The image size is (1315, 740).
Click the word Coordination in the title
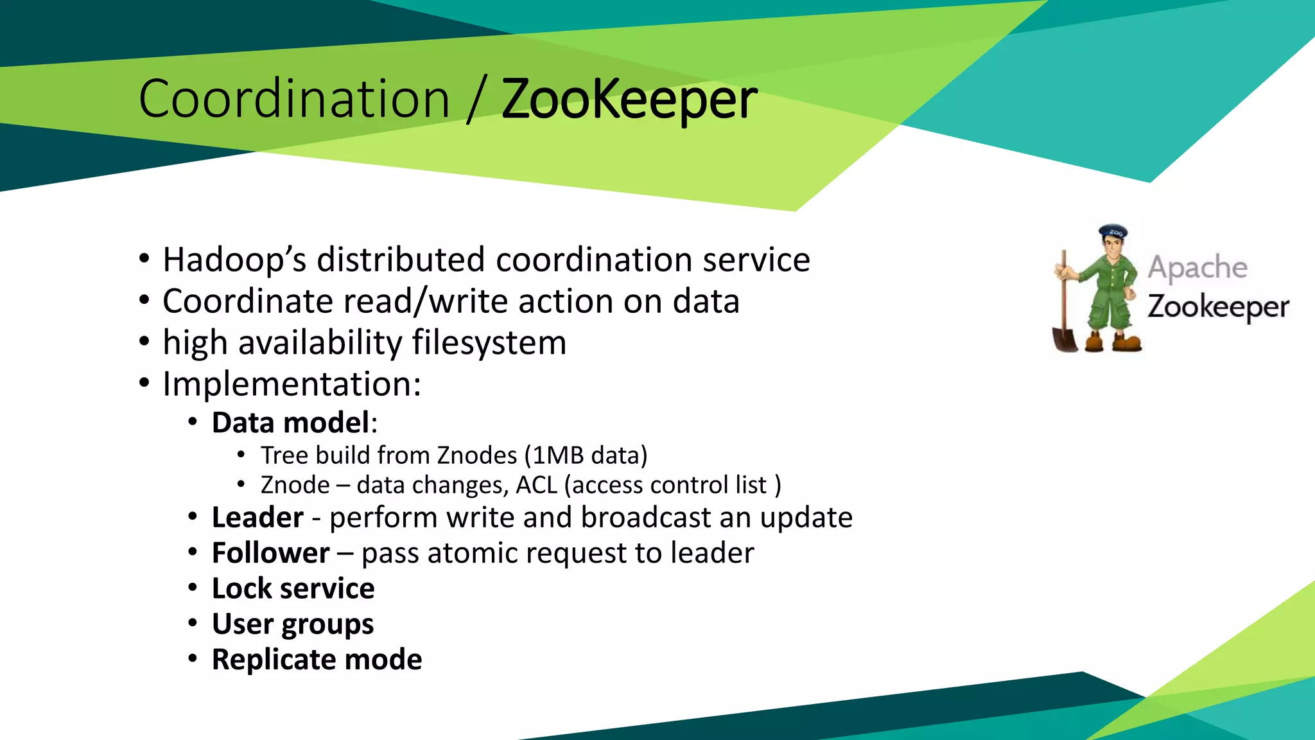[293, 99]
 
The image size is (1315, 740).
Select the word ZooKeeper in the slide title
[629, 100]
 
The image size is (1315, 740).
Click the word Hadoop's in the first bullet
[234, 260]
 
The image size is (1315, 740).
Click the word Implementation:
[292, 384]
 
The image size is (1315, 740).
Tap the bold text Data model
[291, 423]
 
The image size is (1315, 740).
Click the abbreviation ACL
[536, 485]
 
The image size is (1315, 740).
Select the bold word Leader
[257, 518]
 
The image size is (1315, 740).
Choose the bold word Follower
[270, 553]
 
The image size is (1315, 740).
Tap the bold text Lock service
[293, 588]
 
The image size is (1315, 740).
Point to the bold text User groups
[293, 624]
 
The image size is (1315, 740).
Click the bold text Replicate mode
[317, 660]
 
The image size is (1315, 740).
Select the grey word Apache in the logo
[1197, 267]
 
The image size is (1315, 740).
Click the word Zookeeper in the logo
[1218, 307]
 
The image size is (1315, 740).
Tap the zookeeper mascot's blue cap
[1113, 231]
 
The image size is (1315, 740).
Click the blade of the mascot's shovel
[1065, 339]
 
